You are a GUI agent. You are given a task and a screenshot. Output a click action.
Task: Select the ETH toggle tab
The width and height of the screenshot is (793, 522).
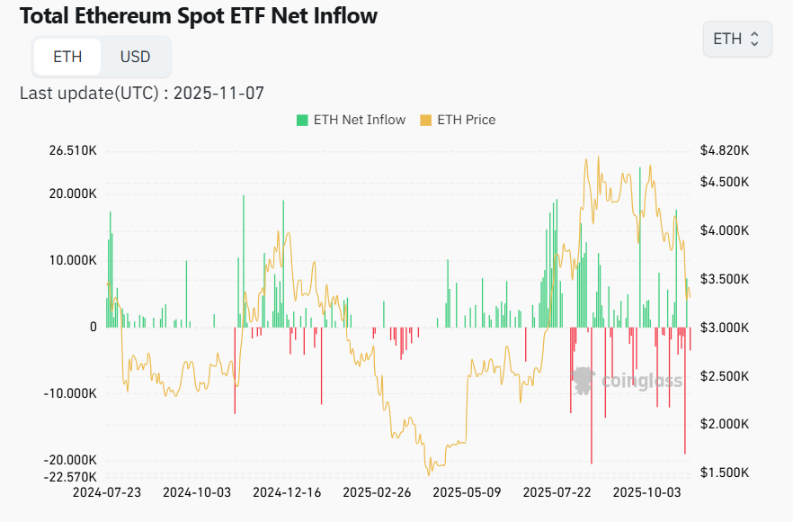coord(67,57)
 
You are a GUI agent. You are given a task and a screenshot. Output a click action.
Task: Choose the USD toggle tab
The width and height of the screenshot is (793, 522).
coord(136,57)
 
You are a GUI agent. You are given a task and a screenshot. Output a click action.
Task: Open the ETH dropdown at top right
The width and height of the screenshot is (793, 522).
coord(736,39)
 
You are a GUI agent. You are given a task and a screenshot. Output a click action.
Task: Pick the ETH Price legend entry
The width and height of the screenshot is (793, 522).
coord(458,120)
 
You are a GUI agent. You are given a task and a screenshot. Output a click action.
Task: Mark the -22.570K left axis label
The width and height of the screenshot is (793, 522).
coord(72,476)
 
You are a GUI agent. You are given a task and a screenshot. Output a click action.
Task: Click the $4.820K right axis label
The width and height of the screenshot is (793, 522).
coord(724,150)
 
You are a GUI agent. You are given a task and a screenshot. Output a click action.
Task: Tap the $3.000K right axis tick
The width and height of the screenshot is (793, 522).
coord(724,328)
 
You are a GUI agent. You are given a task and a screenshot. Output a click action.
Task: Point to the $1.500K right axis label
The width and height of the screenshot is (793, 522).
coord(724,472)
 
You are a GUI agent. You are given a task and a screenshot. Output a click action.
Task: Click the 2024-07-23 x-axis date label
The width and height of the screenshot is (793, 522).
coord(106,492)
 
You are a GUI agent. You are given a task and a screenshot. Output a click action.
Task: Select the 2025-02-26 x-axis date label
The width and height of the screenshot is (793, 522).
coord(376,492)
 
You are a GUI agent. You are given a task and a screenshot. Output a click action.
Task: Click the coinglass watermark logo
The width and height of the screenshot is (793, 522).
coord(628,381)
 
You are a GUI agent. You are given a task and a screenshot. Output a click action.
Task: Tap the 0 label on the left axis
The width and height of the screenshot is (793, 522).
coord(93,327)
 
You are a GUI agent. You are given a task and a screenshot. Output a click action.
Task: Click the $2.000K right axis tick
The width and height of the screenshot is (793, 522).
coord(724,424)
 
